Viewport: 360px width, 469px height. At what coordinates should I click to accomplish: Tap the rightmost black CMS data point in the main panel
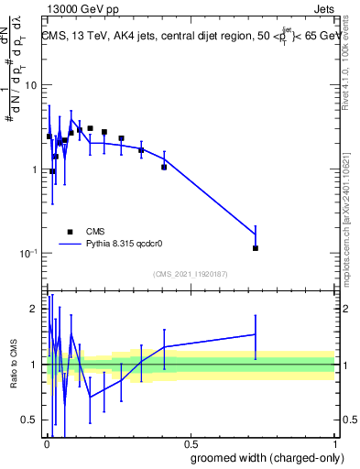[x=256, y=248]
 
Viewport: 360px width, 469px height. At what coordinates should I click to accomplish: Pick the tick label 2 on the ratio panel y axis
[x=34, y=310]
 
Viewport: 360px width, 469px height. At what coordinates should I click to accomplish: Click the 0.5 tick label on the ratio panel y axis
[x=30, y=420]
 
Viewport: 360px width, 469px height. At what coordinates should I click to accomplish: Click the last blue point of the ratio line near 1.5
[x=256, y=334]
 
